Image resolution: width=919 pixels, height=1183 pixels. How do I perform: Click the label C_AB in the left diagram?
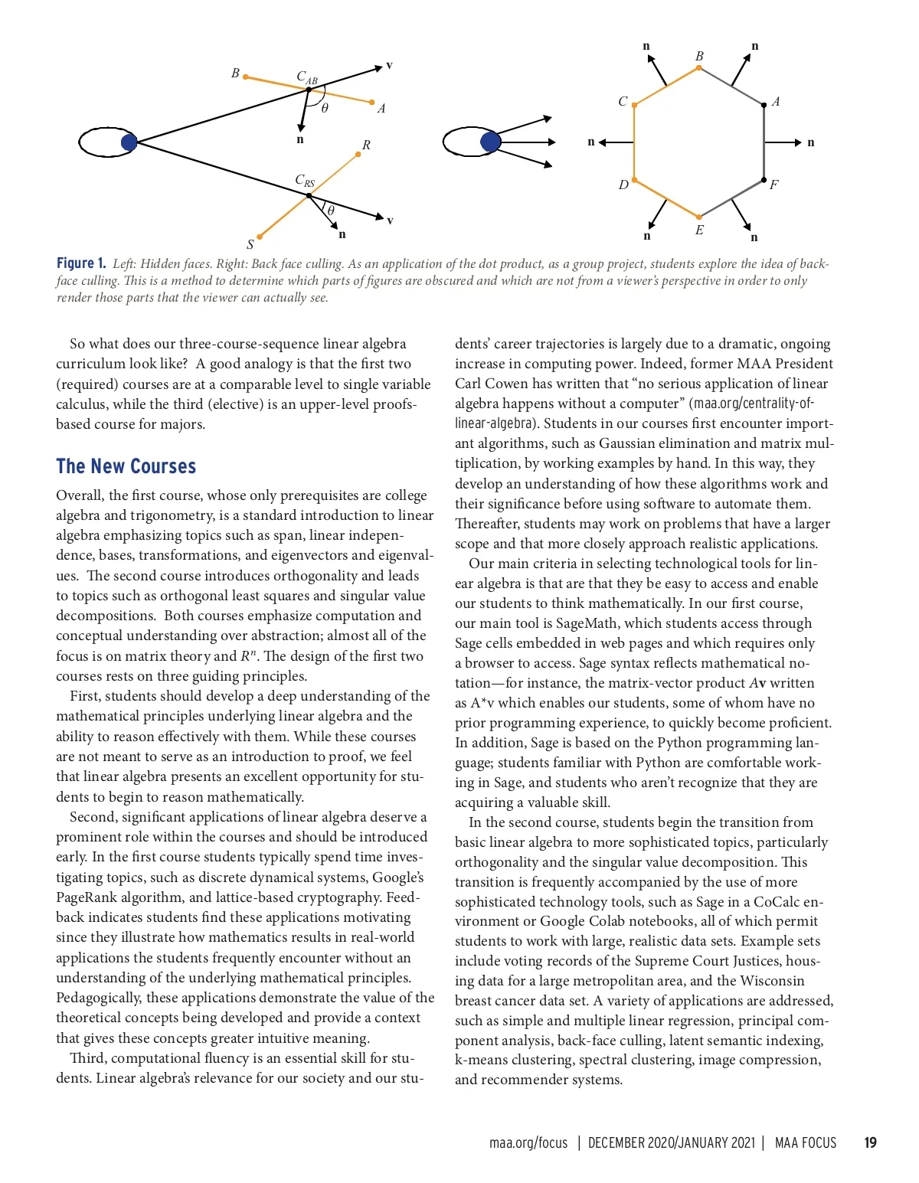(306, 77)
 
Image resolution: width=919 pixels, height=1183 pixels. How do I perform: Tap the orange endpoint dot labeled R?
(358, 155)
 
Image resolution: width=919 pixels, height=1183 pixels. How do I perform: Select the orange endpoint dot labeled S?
(260, 237)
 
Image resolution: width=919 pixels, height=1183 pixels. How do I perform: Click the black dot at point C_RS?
(309, 196)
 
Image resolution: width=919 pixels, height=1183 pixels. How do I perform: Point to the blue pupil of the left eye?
(129, 142)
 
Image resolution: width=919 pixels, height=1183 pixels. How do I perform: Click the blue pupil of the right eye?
(490, 142)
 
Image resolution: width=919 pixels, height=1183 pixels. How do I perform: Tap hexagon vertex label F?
(773, 185)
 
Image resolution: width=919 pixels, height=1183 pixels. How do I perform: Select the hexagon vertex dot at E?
(698, 217)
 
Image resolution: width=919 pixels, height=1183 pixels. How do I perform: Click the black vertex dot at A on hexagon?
(764, 105)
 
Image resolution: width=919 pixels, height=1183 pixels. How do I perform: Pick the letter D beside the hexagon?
(623, 185)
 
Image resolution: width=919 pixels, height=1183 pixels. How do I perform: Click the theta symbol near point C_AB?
(325, 109)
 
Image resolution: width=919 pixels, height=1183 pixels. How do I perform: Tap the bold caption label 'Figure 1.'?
(81, 263)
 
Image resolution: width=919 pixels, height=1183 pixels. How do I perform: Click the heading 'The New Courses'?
(126, 466)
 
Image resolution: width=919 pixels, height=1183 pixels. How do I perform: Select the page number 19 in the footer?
(870, 1142)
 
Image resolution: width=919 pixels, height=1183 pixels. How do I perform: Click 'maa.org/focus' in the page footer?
(528, 1142)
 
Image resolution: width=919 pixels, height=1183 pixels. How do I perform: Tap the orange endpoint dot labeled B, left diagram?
(245, 77)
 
